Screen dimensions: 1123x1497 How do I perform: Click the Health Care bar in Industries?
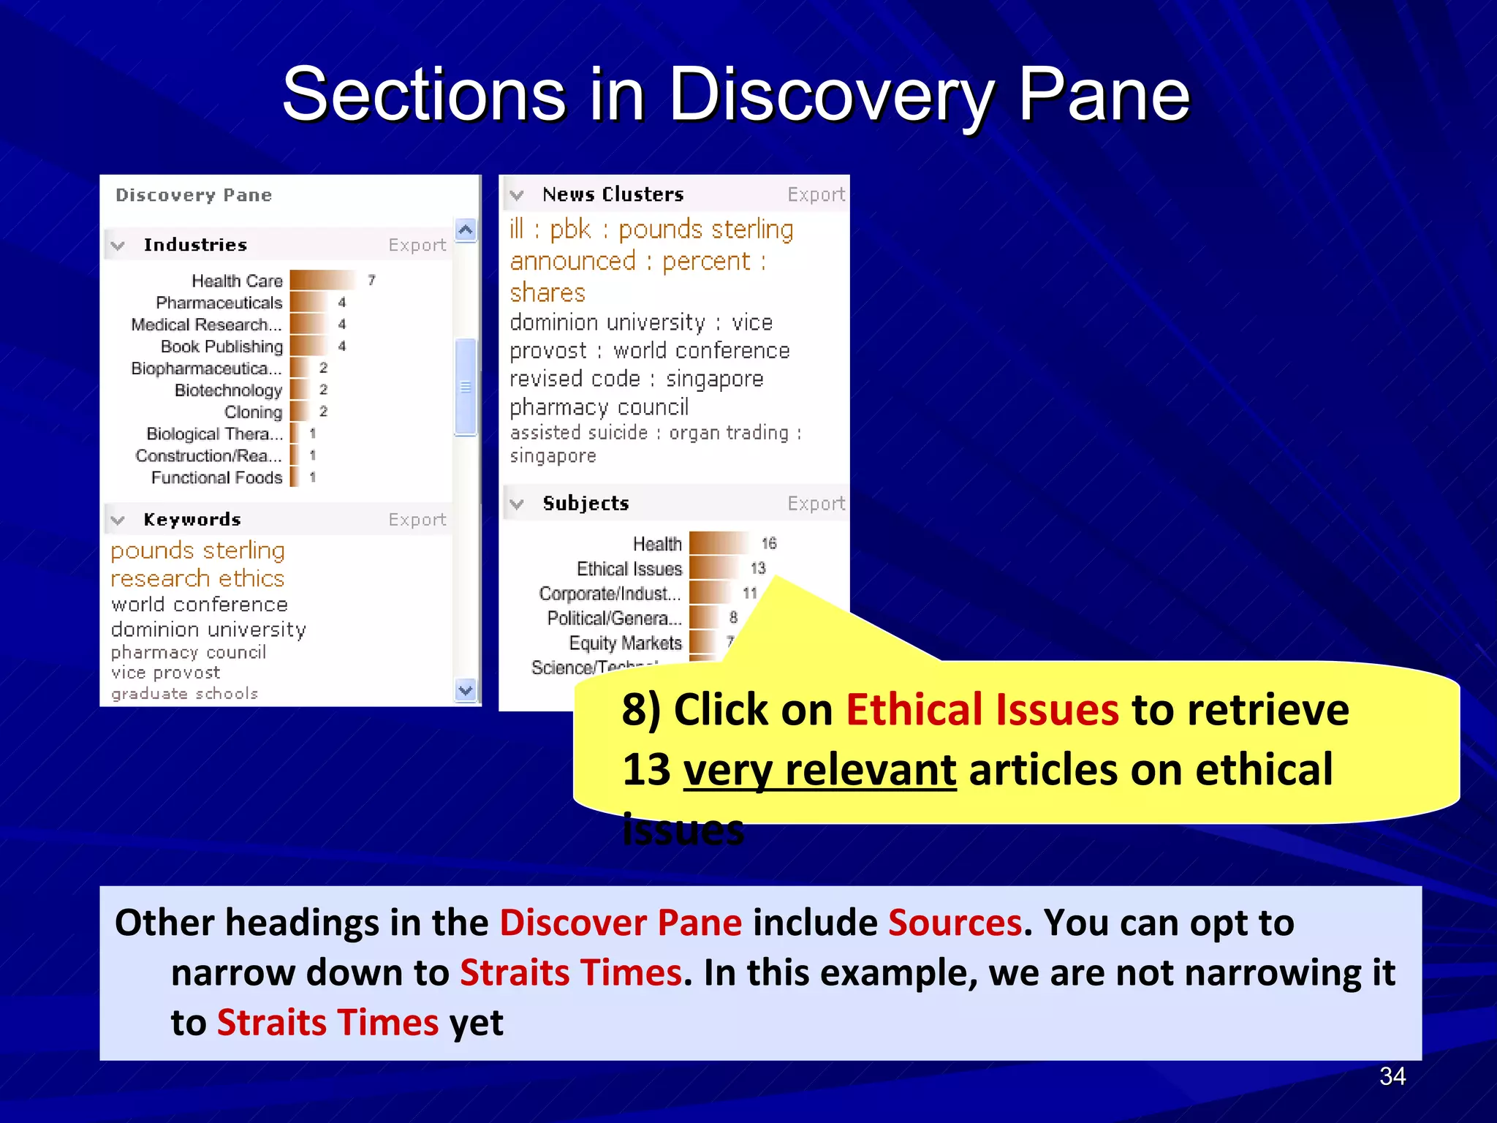[322, 280]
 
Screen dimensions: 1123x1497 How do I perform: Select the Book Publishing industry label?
[221, 346]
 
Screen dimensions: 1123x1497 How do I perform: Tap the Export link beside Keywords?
[417, 520]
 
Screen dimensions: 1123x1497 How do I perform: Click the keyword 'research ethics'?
[197, 578]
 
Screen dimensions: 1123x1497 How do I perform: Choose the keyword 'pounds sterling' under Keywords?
[197, 551]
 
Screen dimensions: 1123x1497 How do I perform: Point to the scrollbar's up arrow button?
[466, 230]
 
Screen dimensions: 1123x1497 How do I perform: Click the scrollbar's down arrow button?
[466, 689]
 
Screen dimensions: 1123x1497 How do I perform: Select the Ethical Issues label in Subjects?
[629, 569]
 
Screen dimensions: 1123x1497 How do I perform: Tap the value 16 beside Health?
[768, 543]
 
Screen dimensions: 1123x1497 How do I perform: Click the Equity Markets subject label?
[625, 643]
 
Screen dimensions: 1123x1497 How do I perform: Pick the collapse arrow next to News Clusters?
[517, 195]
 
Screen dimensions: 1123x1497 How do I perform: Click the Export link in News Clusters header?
[816, 194]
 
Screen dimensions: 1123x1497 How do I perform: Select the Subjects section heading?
[585, 504]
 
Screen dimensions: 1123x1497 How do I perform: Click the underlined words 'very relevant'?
[819, 770]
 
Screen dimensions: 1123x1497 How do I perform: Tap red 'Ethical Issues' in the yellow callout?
[982, 710]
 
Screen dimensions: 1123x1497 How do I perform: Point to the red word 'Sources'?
[955, 923]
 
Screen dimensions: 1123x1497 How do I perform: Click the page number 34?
[1392, 1076]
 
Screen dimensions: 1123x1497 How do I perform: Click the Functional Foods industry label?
[216, 477]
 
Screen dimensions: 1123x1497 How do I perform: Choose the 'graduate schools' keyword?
[185, 693]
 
